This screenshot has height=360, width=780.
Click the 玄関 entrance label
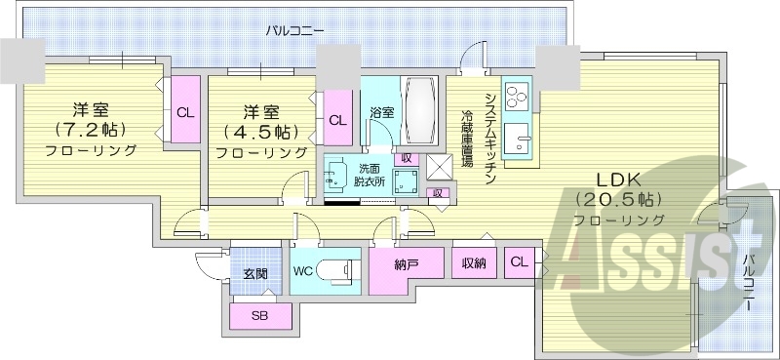(255, 273)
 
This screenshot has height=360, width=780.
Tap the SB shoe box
(259, 316)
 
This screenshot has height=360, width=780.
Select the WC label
(301, 271)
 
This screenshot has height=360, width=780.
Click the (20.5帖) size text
(618, 199)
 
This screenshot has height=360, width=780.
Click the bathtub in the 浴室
(420, 107)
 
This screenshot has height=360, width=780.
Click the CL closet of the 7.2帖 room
(184, 111)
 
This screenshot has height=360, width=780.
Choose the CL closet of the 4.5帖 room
(336, 120)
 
